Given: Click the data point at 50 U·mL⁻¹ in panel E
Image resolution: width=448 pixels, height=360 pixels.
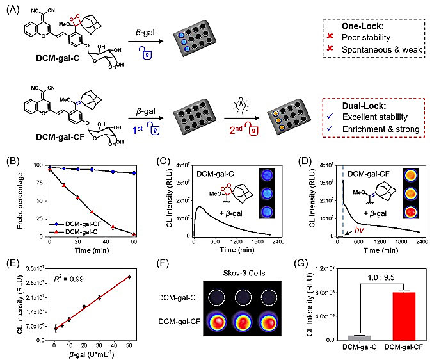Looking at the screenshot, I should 129,277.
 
